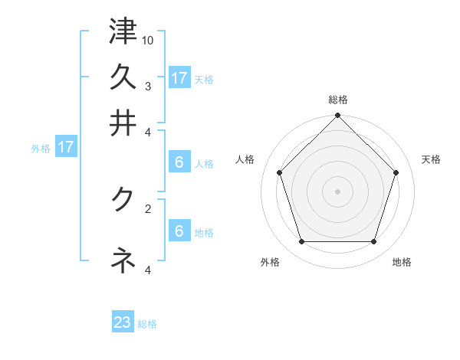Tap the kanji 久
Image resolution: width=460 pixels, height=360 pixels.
[123, 77]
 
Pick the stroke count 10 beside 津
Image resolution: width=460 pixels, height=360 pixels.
[148, 39]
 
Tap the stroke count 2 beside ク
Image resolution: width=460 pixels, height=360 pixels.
[148, 208]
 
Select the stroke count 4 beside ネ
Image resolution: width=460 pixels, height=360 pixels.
[148, 269]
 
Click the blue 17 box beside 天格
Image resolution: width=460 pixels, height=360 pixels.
[179, 78]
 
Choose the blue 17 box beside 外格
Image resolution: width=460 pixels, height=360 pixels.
[66, 147]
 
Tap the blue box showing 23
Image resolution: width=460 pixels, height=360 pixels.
[123, 322]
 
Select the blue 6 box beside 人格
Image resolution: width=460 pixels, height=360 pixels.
[179, 162]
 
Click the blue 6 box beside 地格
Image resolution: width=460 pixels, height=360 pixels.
[179, 231]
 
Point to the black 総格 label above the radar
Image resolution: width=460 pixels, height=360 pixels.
[337, 100]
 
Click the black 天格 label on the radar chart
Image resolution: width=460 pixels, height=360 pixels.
[431, 159]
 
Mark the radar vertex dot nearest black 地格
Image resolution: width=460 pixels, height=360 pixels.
[373, 241]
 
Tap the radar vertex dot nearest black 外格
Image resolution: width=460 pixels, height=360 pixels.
[301, 241]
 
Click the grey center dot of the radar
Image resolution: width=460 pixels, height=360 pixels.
[337, 191]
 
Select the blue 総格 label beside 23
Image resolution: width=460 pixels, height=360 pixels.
[147, 324]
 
